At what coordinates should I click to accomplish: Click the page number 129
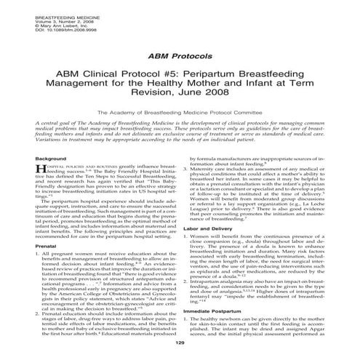point(180,351)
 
